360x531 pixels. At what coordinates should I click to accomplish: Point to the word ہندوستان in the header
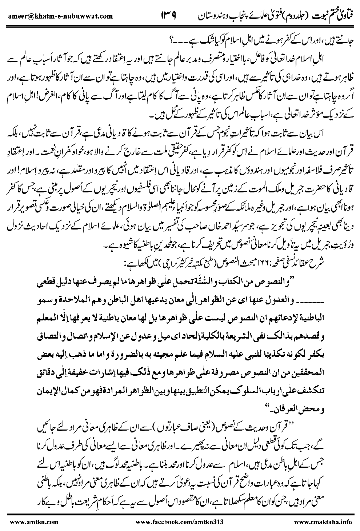(207, 16)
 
